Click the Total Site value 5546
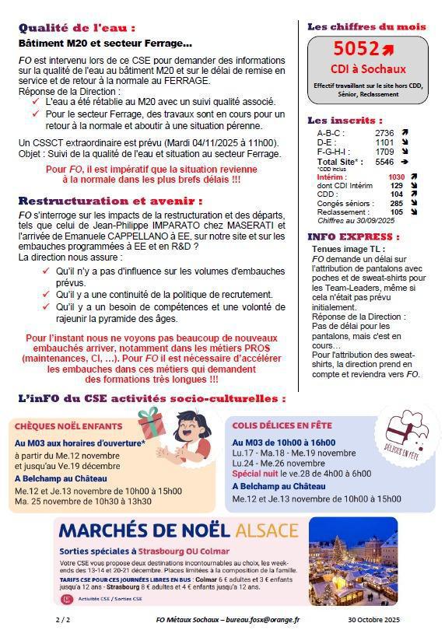click(384, 162)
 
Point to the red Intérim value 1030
click(397, 177)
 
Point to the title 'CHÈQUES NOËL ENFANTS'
click(68, 426)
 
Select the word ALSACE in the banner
click(267, 531)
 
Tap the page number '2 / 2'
click(62, 619)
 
